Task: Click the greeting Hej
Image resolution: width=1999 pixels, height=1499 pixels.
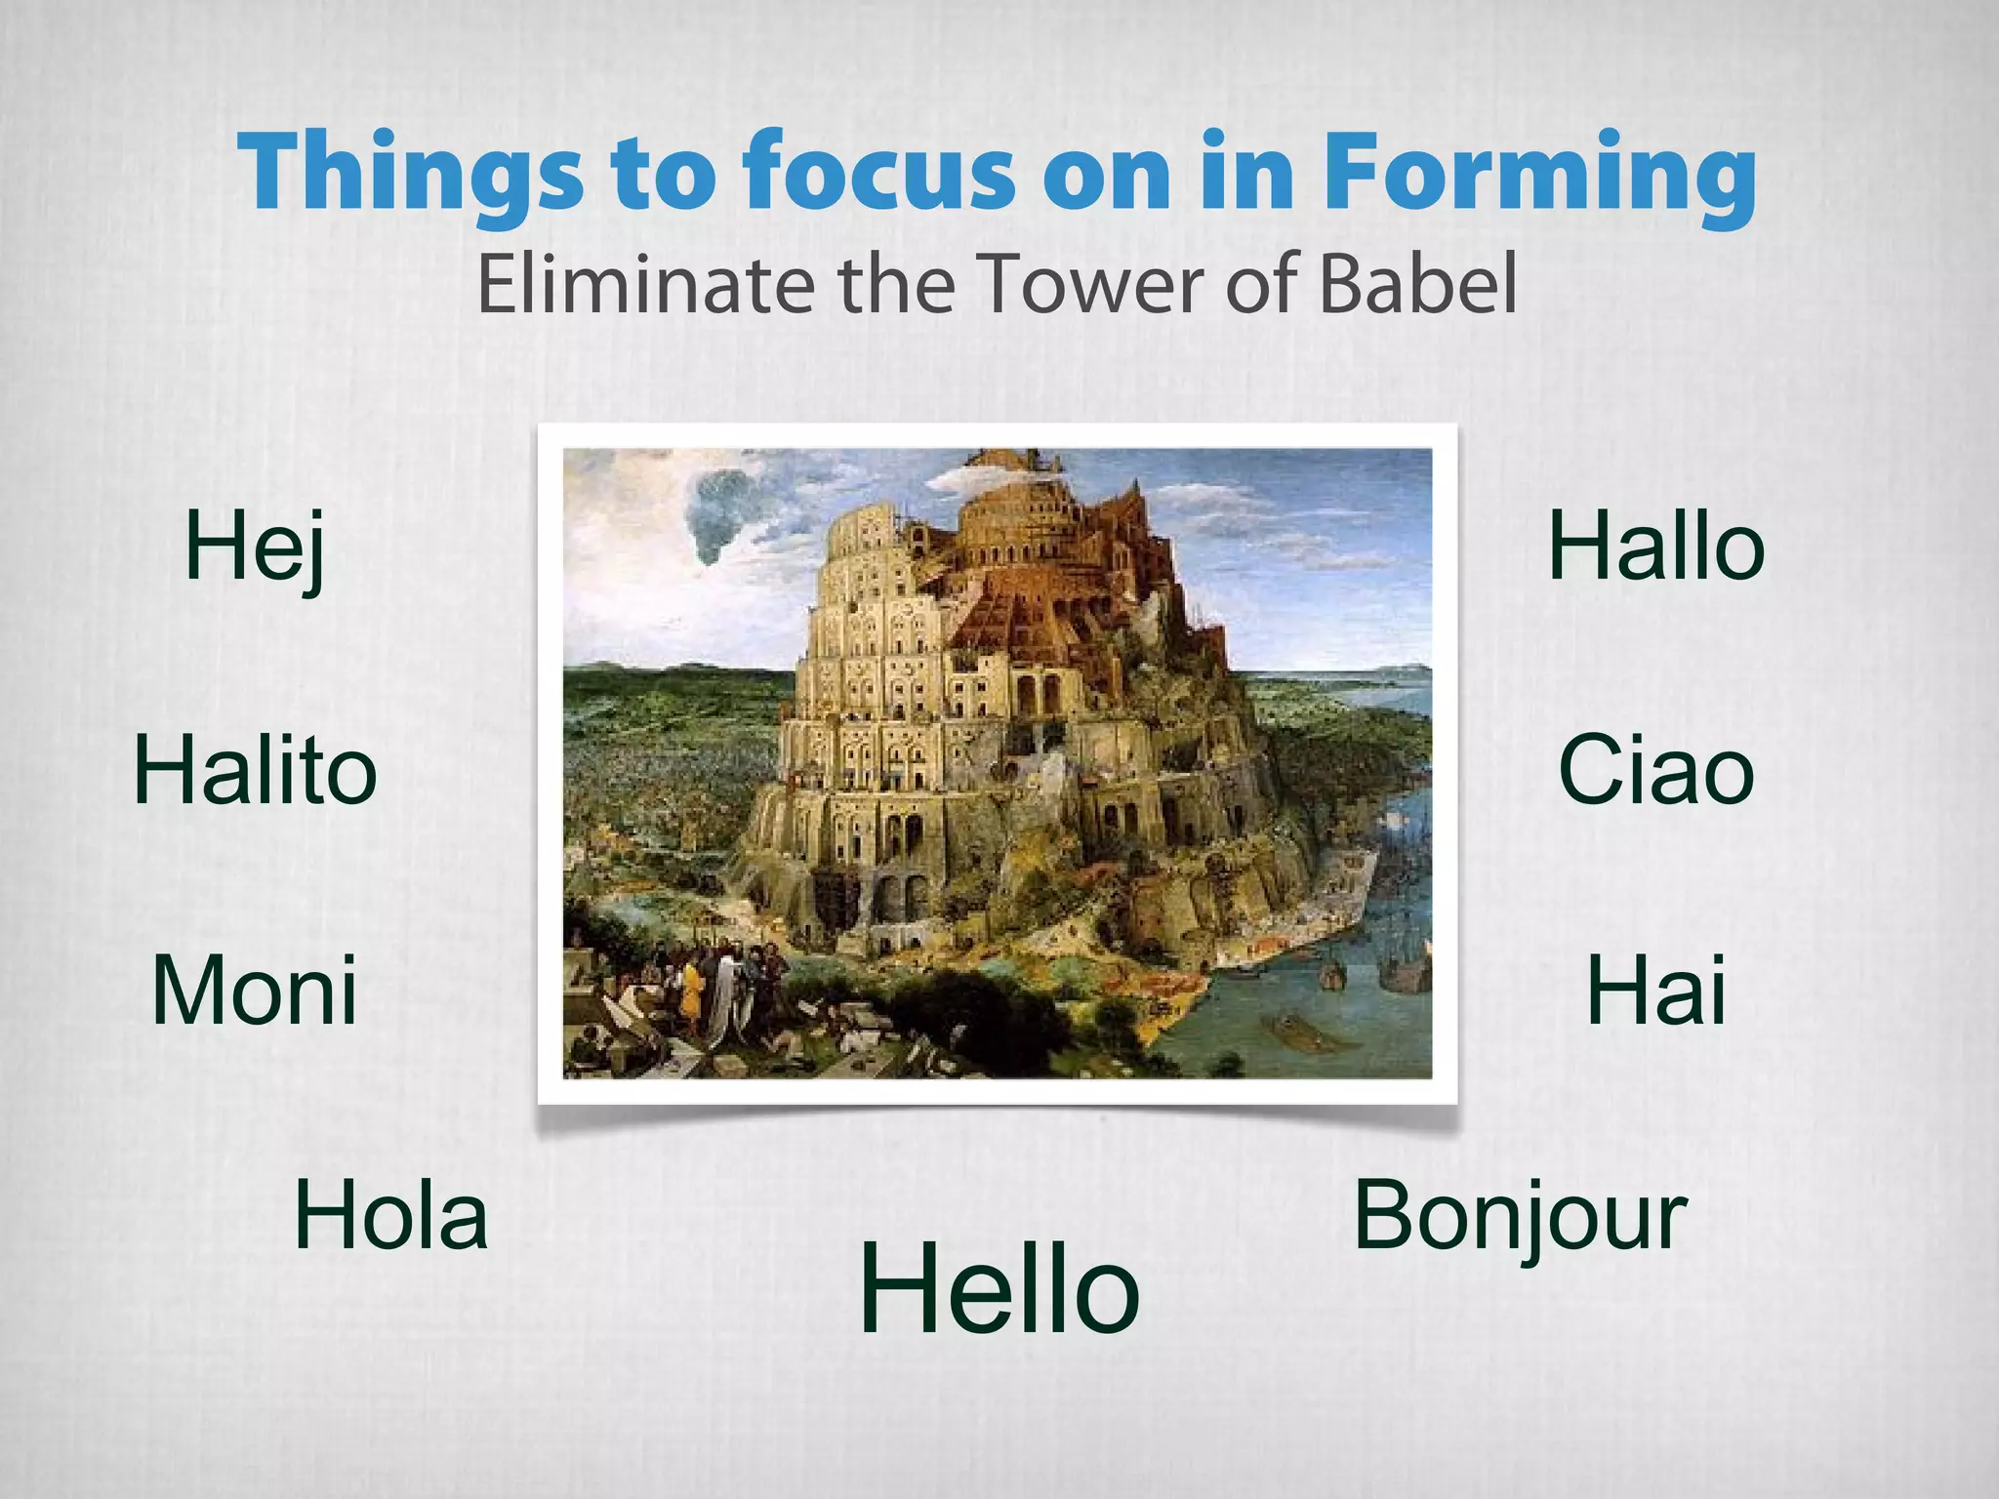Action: tap(255, 548)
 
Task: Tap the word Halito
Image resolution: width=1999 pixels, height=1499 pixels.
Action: tap(255, 771)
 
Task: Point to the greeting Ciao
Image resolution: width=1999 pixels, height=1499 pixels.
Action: tap(1656, 771)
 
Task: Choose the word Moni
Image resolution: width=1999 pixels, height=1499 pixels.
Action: tap(255, 991)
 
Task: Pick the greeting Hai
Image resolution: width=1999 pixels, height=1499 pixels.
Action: tap(1656, 991)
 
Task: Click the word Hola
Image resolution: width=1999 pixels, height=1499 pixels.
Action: tap(390, 1216)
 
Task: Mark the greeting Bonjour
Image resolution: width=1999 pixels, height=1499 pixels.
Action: tap(1520, 1216)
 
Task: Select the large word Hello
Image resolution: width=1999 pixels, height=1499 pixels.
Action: tap(999, 1288)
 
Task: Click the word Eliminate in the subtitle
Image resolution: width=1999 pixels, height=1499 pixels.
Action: tap(645, 283)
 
